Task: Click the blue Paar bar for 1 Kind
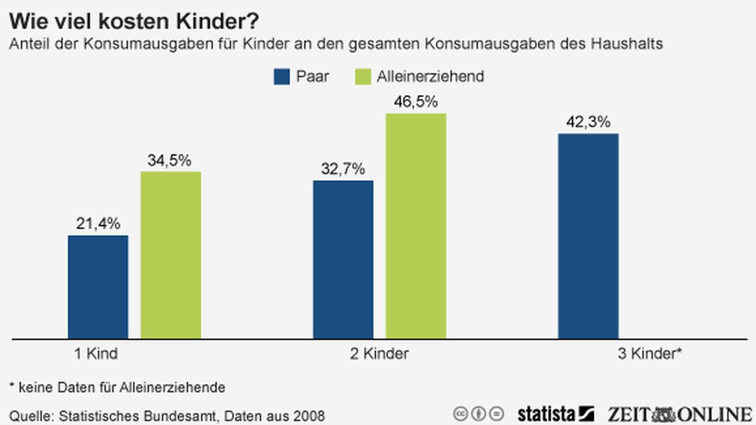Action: click(98, 287)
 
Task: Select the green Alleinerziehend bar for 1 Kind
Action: click(171, 255)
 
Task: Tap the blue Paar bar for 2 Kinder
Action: click(343, 259)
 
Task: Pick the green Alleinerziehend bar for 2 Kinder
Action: click(416, 226)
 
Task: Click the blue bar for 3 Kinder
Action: click(588, 235)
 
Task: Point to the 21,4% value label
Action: click(98, 223)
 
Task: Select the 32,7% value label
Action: click(343, 169)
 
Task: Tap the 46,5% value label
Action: click(415, 102)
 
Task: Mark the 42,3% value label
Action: click(588, 122)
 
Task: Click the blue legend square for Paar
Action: click(281, 77)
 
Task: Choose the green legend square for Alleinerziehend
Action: click(362, 77)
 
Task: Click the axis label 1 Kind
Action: click(96, 353)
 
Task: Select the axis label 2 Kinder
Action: click(379, 353)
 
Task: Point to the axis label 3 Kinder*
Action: click(650, 353)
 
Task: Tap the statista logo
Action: click(555, 414)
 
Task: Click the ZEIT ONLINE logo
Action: click(680, 414)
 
